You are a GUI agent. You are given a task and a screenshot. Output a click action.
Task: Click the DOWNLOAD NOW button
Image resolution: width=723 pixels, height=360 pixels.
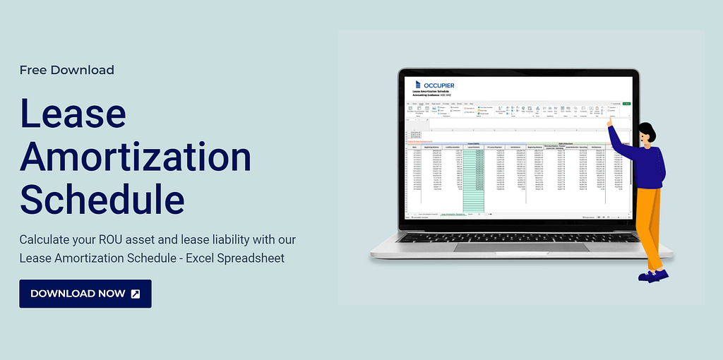click(x=85, y=294)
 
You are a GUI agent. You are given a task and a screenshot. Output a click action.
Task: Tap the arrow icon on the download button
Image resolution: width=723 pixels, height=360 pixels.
click(x=136, y=294)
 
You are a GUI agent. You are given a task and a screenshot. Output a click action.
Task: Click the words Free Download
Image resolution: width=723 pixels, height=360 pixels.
click(x=66, y=70)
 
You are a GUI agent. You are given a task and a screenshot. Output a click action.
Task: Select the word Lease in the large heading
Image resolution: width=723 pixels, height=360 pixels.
click(x=73, y=114)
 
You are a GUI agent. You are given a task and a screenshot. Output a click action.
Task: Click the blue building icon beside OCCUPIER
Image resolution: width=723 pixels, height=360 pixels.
click(x=417, y=85)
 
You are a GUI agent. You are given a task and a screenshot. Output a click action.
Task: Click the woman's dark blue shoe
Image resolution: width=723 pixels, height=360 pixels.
click(x=654, y=275)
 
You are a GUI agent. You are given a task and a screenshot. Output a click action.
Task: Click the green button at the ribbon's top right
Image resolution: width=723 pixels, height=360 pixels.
click(x=626, y=104)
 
